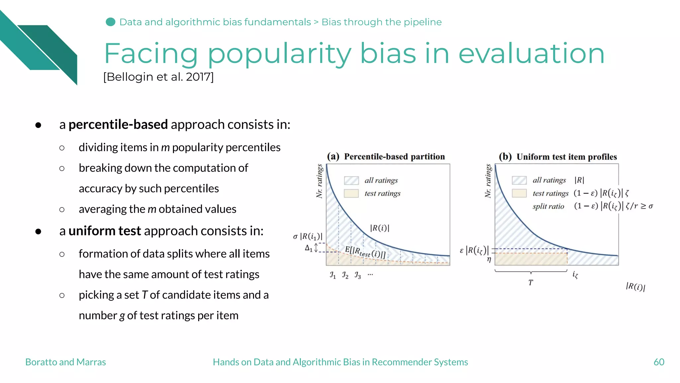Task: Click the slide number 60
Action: (x=659, y=362)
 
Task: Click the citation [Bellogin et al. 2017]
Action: (x=158, y=77)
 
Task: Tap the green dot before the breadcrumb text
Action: (x=110, y=22)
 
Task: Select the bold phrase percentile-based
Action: (x=118, y=124)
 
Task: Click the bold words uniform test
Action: (x=105, y=231)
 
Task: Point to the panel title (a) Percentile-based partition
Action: (x=386, y=156)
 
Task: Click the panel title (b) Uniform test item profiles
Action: (x=558, y=157)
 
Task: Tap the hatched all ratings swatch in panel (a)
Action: (x=351, y=181)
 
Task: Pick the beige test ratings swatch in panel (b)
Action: (x=519, y=193)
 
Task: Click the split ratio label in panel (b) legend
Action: (x=548, y=206)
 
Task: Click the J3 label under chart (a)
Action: (x=358, y=275)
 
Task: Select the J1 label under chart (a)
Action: (x=333, y=275)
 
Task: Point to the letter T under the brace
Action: (x=531, y=283)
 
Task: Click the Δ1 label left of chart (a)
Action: (x=309, y=248)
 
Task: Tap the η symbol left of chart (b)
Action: (x=489, y=259)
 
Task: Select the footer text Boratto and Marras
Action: (x=65, y=362)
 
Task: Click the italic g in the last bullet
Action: (x=122, y=315)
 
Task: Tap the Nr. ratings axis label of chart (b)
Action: (x=488, y=181)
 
